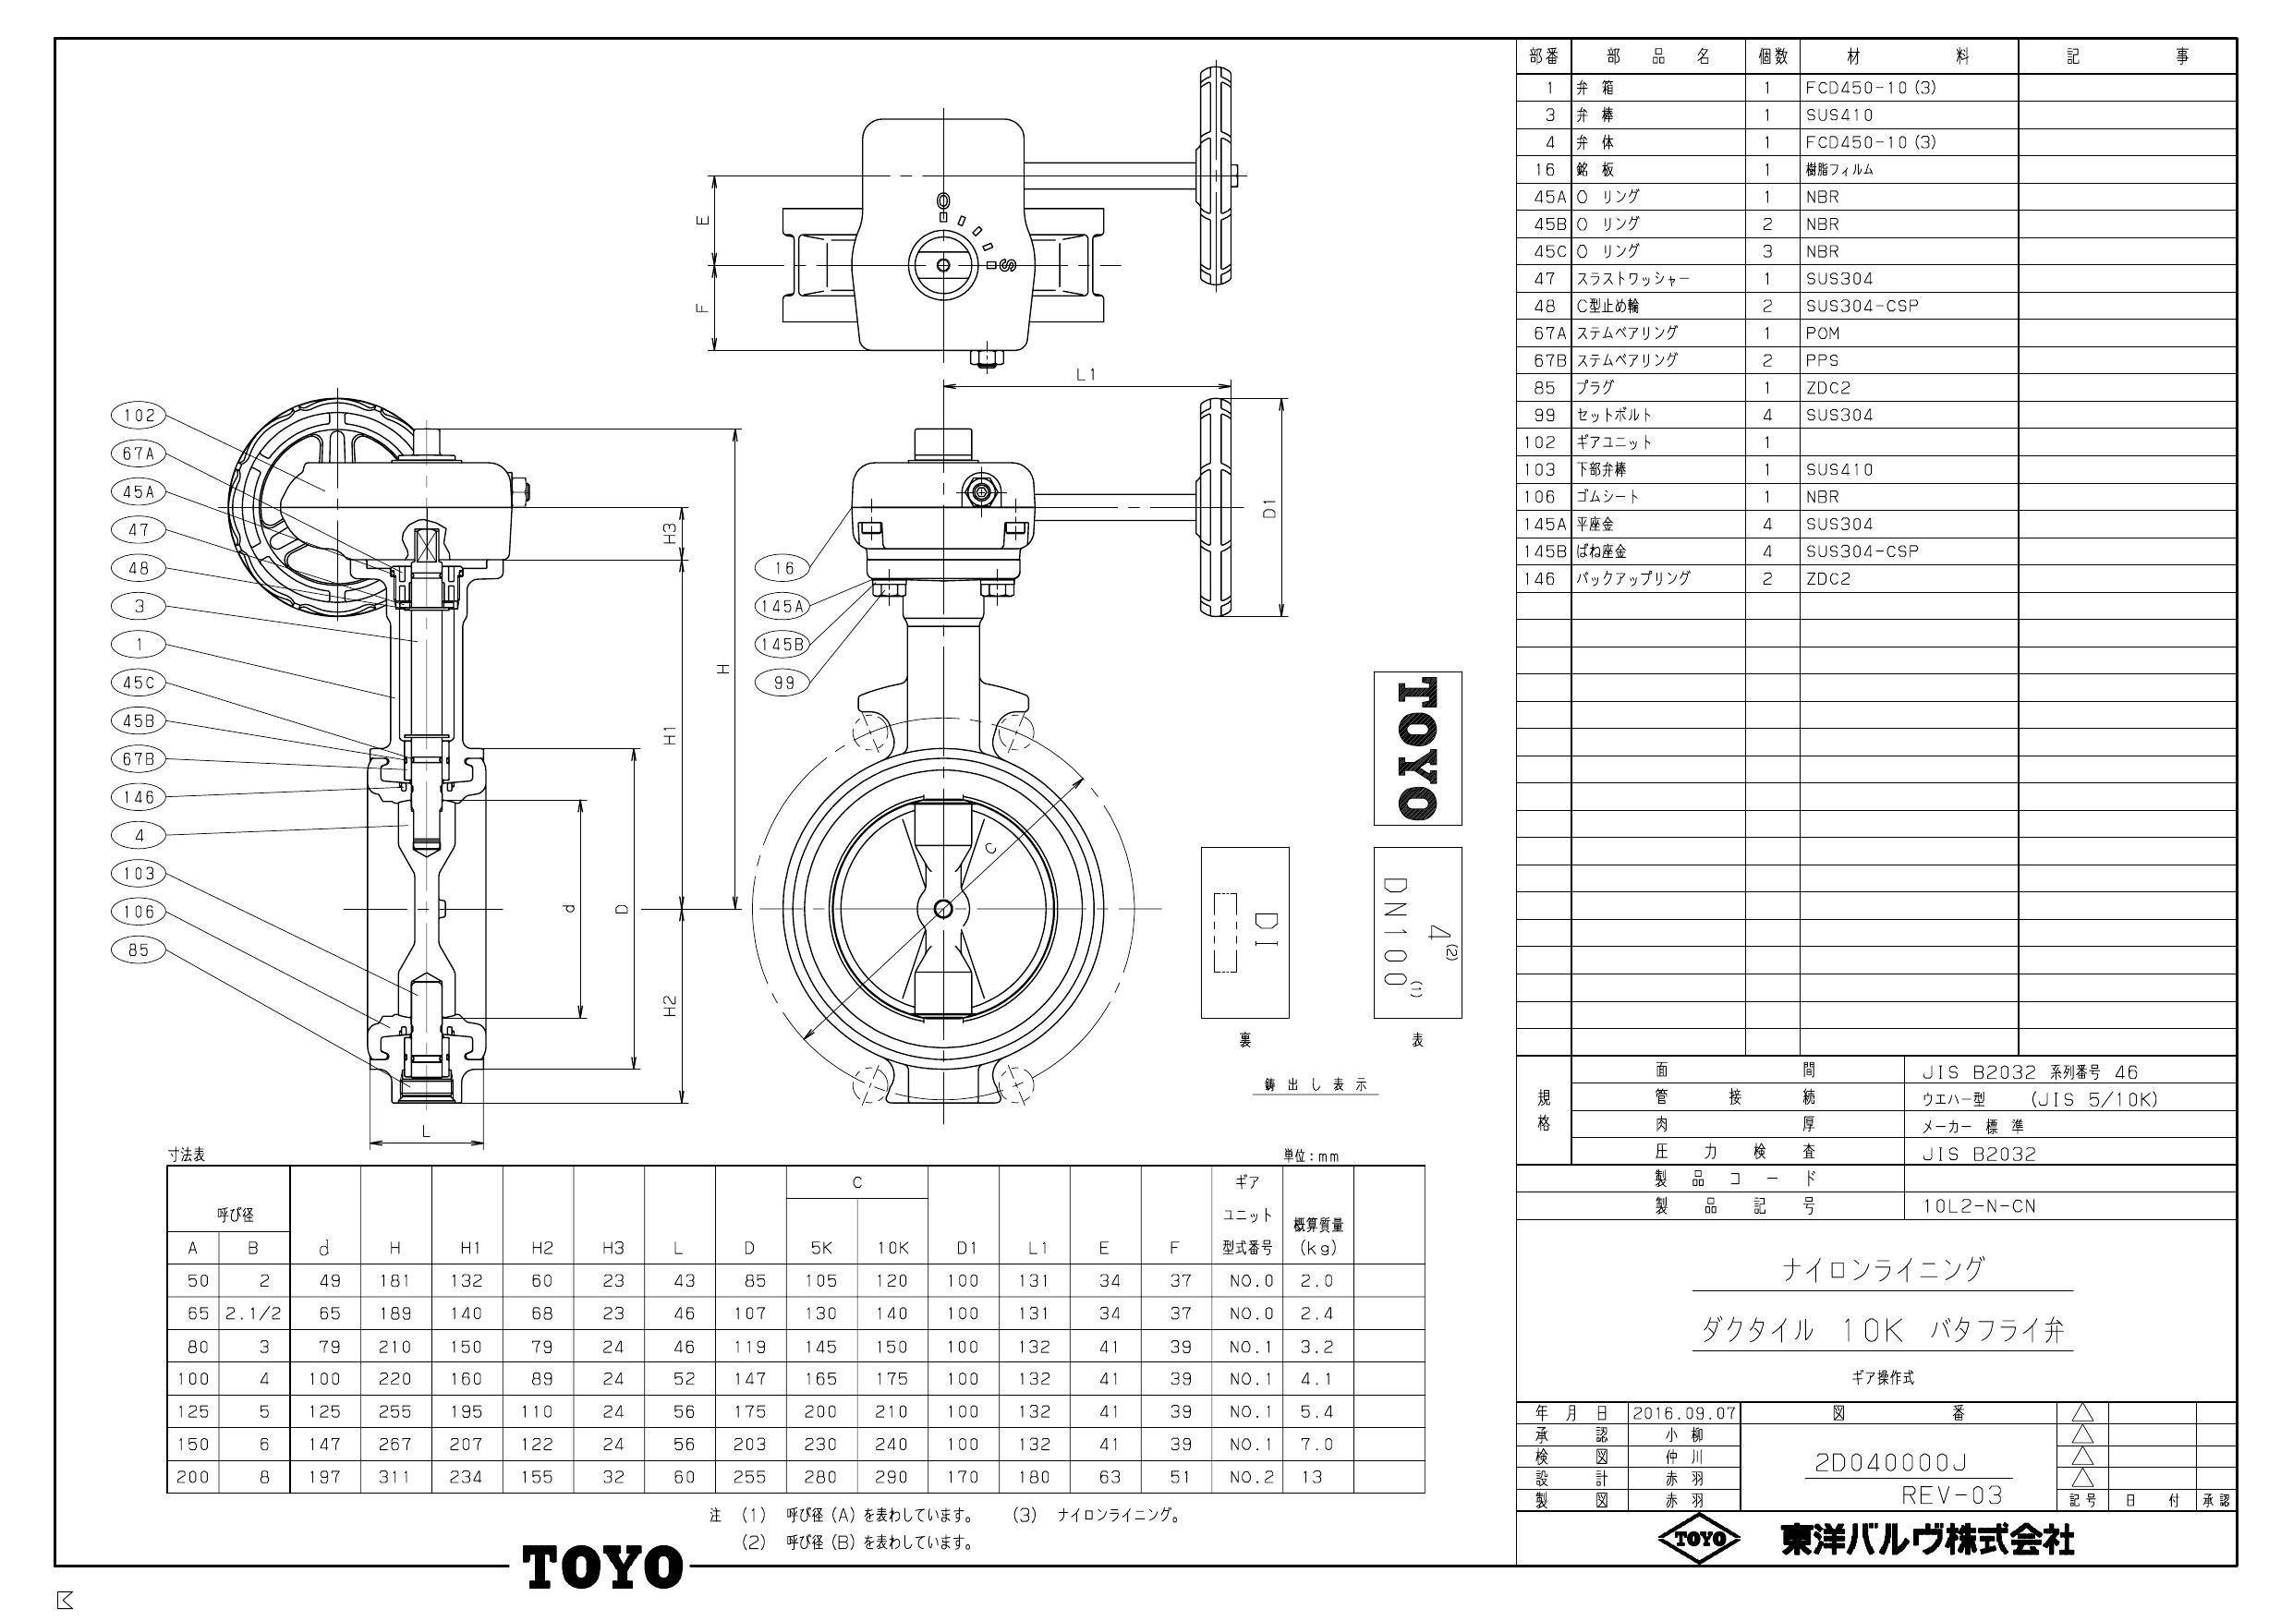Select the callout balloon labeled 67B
[x=140, y=759]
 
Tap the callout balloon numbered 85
[x=140, y=950]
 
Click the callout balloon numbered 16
[x=783, y=568]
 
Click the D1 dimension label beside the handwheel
[x=1269, y=508]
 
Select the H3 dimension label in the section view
[x=670, y=533]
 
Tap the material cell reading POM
[x=1823, y=333]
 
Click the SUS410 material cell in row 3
[x=1838, y=115]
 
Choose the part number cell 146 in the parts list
[x=1539, y=578]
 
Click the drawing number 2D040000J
[x=1890, y=1463]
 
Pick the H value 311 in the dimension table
[x=394, y=1477]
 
